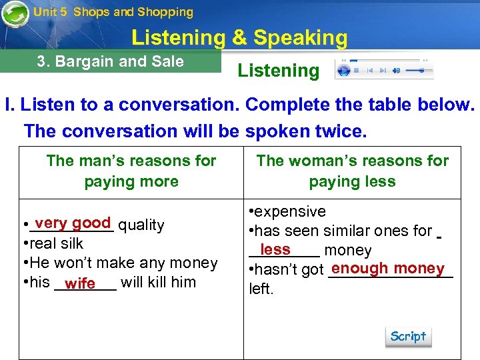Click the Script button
[x=408, y=337]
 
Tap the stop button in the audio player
[x=356, y=70]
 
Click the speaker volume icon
[x=396, y=70]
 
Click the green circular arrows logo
[x=15, y=14]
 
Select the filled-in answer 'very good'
[x=73, y=223]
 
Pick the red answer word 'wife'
[x=80, y=283]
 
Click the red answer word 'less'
[x=275, y=249]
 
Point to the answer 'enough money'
[x=387, y=268]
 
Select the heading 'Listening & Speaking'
[x=239, y=38]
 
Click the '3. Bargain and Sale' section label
[x=110, y=62]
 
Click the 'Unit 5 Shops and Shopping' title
[x=113, y=12]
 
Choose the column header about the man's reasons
[x=131, y=171]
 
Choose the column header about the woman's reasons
[x=353, y=171]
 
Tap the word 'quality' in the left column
[x=141, y=225]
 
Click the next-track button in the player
[x=383, y=70]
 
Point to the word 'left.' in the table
[x=261, y=289]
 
